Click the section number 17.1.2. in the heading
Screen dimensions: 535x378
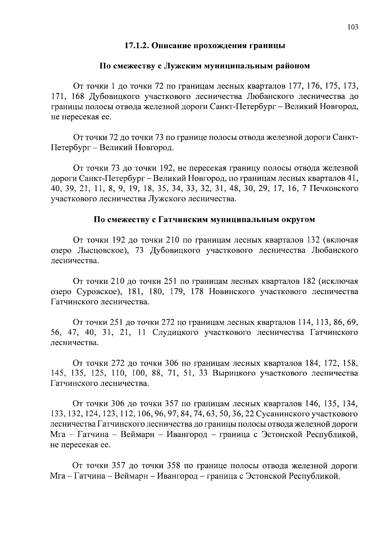(136, 46)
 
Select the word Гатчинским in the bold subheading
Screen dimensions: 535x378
(179, 219)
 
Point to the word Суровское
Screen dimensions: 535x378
(97, 292)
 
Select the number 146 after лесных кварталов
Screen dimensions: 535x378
(312, 404)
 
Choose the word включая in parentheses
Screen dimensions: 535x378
(341, 240)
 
